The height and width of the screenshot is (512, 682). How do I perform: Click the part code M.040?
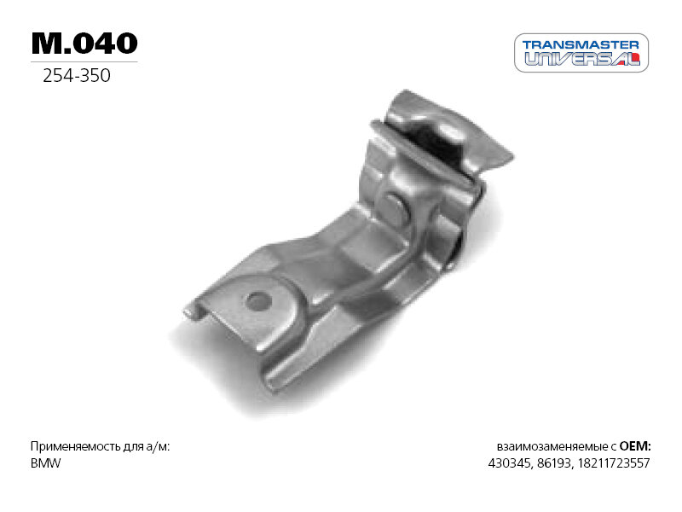[84, 43]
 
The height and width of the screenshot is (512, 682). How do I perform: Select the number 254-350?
[77, 76]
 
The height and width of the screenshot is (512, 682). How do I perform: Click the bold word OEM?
[635, 446]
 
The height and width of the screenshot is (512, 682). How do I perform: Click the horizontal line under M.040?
[84, 62]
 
